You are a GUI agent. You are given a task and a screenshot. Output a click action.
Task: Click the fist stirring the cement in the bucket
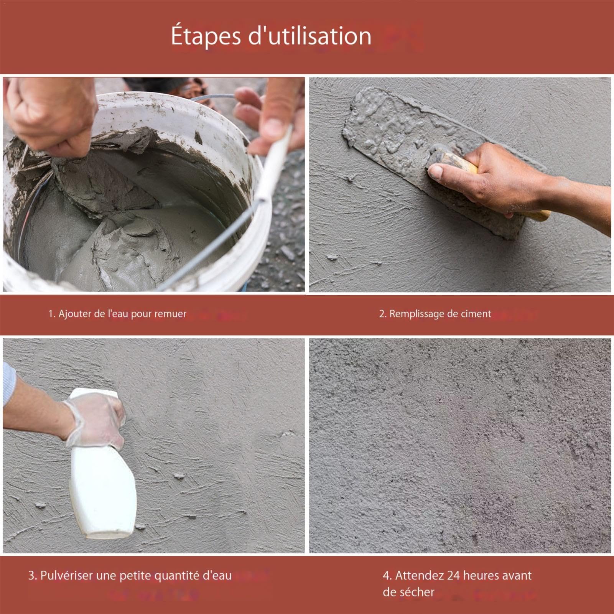pos(54,115)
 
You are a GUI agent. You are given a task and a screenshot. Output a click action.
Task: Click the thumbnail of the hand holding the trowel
pos(460,184)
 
